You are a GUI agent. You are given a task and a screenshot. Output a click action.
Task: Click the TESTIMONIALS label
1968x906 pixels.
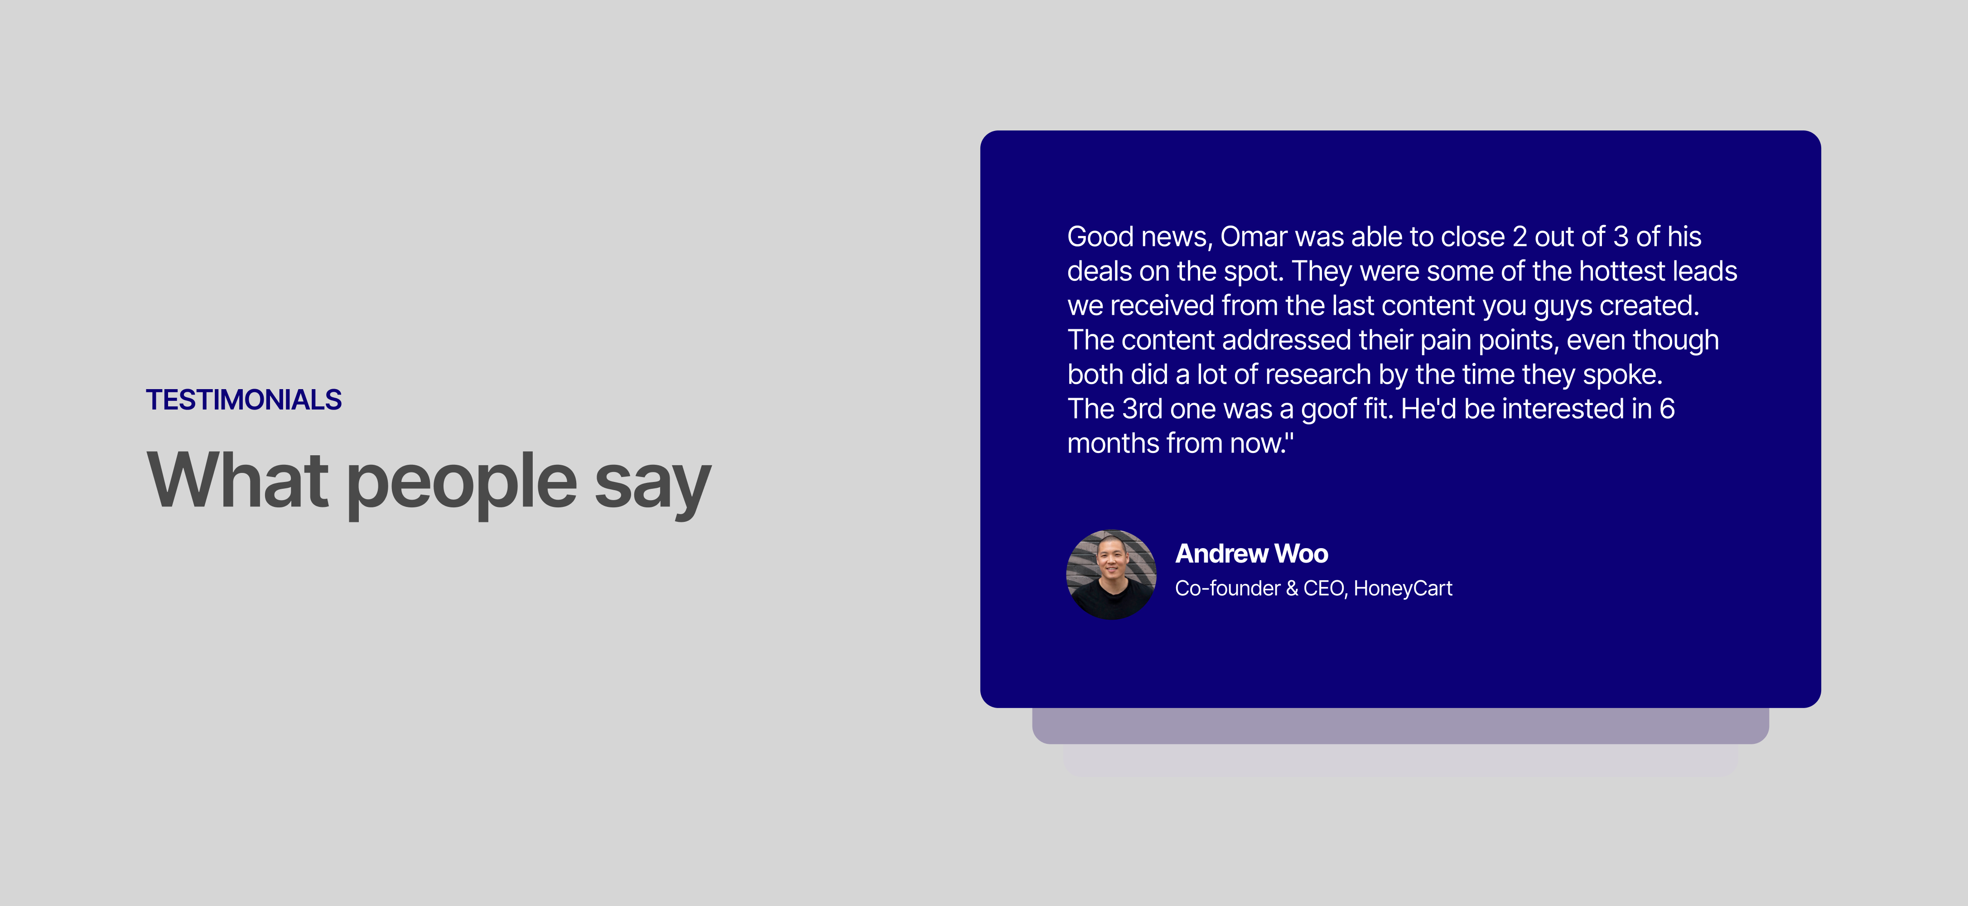pos(244,400)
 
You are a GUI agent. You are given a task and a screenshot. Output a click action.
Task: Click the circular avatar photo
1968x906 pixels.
pos(1111,574)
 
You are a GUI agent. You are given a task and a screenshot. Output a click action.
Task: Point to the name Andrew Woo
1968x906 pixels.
pos(1251,553)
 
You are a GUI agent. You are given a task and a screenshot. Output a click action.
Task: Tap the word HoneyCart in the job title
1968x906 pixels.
pos(1403,588)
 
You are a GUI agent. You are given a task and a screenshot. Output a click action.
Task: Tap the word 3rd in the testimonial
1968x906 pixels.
pos(1142,409)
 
